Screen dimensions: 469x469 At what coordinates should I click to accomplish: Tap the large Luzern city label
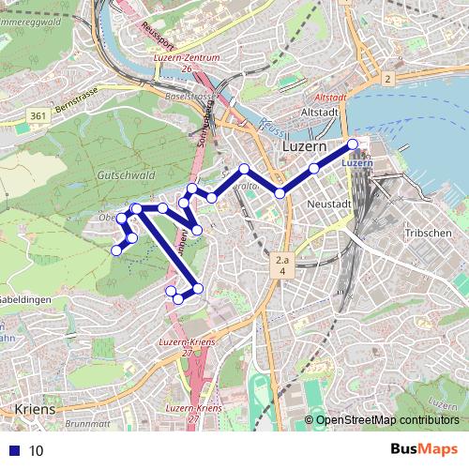(305, 148)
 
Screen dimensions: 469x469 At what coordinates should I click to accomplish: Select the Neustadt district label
(328, 204)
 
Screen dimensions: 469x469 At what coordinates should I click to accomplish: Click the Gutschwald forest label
(124, 175)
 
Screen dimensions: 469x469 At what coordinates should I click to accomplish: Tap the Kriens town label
(36, 410)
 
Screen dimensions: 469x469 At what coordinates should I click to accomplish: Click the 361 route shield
(38, 115)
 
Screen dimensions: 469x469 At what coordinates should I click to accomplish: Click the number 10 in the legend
(36, 450)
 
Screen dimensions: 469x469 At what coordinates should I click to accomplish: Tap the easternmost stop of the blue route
(353, 144)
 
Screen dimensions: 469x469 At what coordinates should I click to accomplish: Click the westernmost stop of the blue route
(116, 250)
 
